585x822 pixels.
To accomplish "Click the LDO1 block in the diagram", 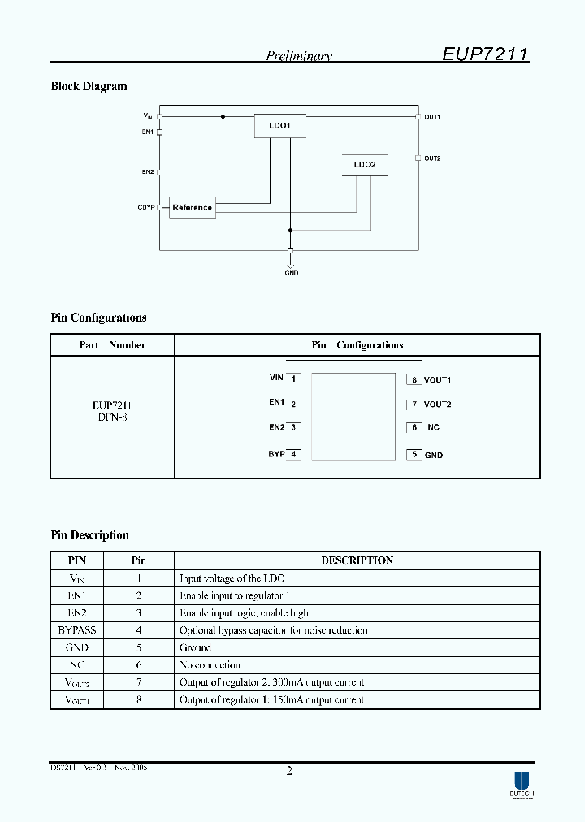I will [279, 126].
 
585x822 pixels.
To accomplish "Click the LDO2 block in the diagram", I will [365, 165].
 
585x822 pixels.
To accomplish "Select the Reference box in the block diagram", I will [192, 207].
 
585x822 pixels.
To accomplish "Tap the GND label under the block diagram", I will [291, 273].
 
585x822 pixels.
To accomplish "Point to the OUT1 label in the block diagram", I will [432, 117].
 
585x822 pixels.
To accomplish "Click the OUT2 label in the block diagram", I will [432, 158].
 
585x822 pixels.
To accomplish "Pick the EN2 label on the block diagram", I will [148, 172].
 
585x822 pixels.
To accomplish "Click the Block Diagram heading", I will [89, 87].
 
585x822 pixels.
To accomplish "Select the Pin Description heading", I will [90, 535].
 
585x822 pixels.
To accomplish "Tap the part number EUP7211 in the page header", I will [486, 54].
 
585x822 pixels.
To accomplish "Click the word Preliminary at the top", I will [299, 56].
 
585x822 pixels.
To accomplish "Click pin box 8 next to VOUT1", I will [414, 379].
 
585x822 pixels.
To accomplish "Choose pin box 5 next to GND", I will [414, 455].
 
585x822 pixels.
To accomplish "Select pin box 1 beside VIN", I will [293, 378].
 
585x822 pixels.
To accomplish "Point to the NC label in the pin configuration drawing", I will [433, 427].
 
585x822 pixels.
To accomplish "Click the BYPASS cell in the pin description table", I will [77, 630].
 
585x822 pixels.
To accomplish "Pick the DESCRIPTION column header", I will [357, 560].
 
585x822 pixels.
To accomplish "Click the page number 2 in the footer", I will [289, 771].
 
